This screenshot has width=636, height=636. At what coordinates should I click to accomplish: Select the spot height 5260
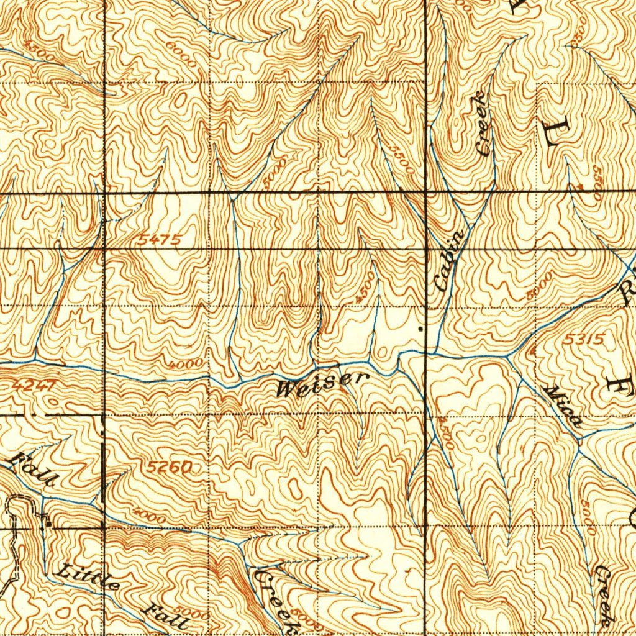pos(170,466)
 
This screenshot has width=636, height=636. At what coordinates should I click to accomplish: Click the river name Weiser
pos(323,385)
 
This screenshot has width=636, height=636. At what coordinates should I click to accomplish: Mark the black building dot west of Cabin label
pos(421,327)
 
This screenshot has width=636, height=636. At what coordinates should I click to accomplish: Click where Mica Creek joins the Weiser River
pos(509,356)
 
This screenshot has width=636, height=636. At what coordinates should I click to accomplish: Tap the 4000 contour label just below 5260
pos(149,516)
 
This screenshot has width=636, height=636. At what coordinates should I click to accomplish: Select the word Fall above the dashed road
pos(34,470)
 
